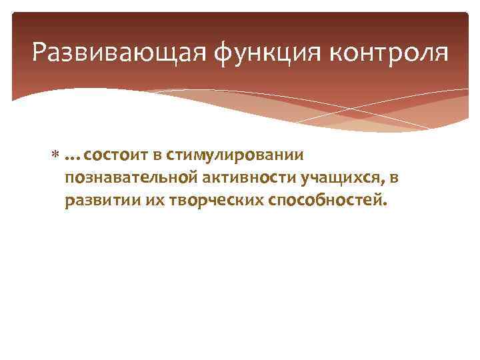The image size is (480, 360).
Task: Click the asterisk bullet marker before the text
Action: click(x=56, y=156)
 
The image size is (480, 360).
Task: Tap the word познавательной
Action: click(x=125, y=179)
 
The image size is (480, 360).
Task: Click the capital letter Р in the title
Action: click(x=39, y=53)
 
